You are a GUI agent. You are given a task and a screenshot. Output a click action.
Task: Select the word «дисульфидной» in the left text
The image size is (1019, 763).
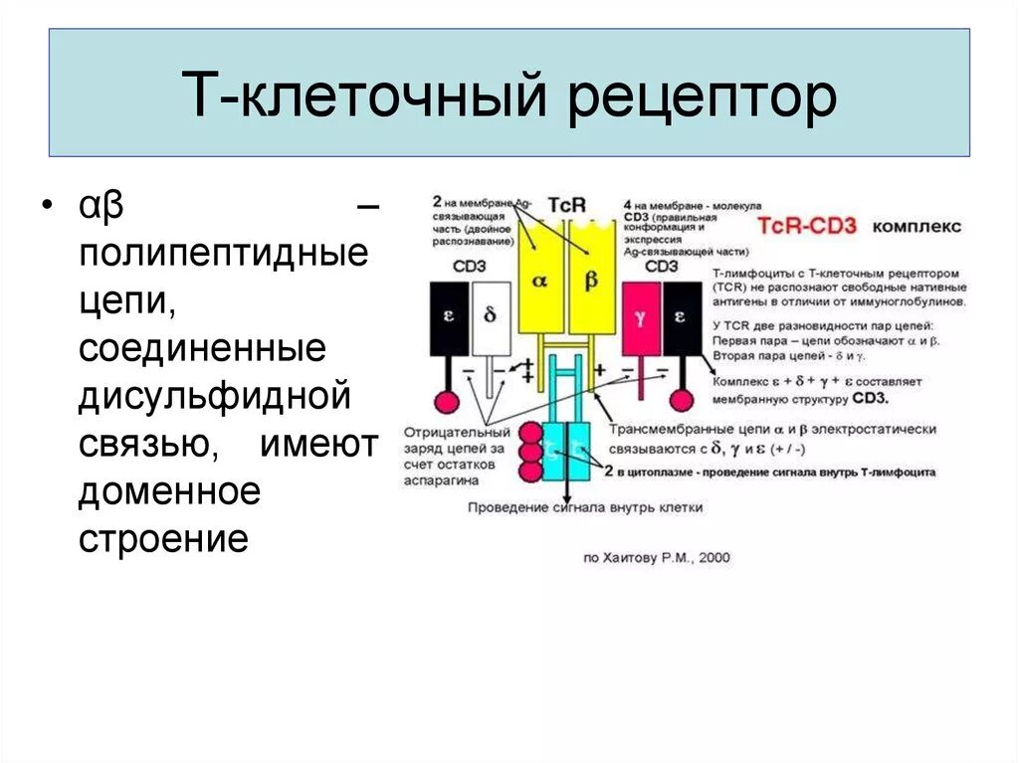[x=216, y=397]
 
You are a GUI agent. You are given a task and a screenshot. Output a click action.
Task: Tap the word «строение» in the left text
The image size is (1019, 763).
[x=162, y=538]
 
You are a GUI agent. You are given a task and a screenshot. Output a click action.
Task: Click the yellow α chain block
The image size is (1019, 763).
[x=540, y=280]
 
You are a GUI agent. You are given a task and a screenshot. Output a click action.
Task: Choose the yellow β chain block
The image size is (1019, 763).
[x=592, y=280]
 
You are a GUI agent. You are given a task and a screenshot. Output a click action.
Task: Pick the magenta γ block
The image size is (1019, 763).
[x=641, y=317]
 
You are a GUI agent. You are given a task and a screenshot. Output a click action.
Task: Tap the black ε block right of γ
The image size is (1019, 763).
[x=682, y=317]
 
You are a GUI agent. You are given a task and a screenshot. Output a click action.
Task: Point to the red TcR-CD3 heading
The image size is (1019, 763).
[x=807, y=227]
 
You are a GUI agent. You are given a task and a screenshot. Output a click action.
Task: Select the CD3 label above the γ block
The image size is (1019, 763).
[x=661, y=266]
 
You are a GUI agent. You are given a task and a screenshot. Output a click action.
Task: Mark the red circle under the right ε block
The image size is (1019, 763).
[x=682, y=400]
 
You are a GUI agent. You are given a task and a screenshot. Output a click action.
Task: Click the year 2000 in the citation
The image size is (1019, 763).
[x=713, y=558]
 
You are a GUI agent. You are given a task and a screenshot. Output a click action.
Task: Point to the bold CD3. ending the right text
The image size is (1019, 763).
[x=870, y=398]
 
